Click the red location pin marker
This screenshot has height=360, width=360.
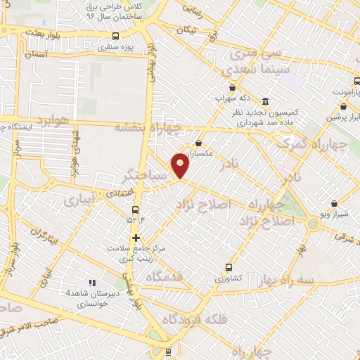181,165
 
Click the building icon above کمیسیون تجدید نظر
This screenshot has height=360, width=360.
264,101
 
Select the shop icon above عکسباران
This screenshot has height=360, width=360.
199,143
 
